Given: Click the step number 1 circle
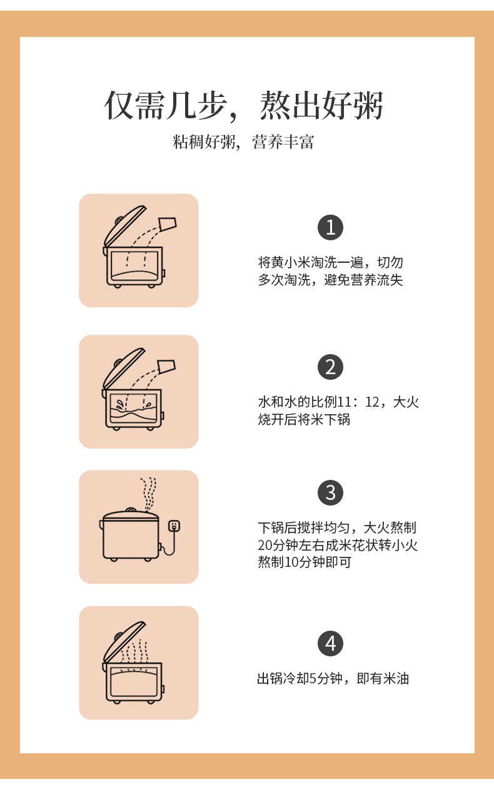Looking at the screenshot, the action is tap(330, 227).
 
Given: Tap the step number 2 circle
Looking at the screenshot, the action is tap(330, 367).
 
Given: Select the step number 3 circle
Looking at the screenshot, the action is tap(330, 492).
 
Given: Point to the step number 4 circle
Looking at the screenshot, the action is tap(330, 643).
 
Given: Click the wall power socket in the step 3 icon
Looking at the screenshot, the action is tap(174, 526).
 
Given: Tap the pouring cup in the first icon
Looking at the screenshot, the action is tap(168, 225).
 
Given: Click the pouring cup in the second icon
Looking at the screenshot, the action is tap(166, 367).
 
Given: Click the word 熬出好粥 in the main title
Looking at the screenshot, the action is tap(321, 105).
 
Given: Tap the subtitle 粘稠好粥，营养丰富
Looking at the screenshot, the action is tap(243, 142).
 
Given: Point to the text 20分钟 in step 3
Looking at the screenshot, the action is tap(278, 545).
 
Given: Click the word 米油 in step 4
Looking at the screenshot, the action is tap(396, 679).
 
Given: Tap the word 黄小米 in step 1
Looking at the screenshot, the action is tap(291, 263).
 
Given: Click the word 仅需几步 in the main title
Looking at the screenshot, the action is tap(166, 105).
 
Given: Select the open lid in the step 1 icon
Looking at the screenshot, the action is tap(124, 226).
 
